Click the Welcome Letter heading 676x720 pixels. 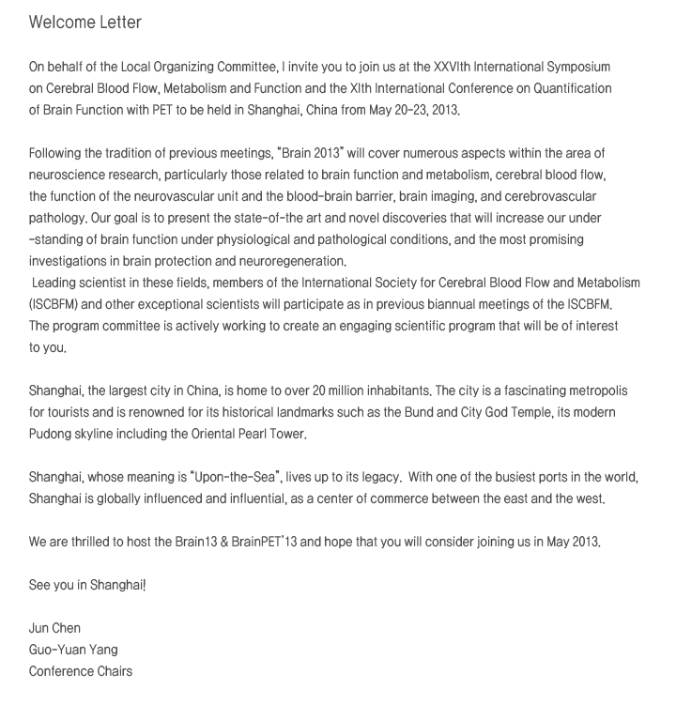[x=85, y=22]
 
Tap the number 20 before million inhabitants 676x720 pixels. [x=383, y=391]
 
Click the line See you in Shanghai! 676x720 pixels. [x=87, y=586]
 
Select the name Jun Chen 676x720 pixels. [x=54, y=628]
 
